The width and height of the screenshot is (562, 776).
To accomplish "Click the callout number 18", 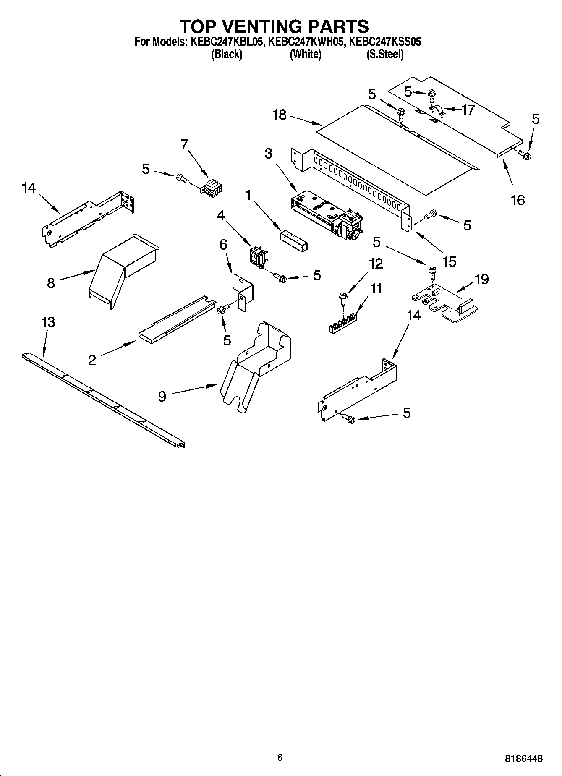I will pos(280,115).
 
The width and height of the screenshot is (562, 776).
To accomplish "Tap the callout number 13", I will pos(48,322).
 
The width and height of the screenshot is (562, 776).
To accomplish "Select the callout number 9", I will pos(162,396).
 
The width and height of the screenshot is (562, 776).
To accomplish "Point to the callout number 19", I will pos(482,279).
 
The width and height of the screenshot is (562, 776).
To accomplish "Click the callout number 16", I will pos(518,200).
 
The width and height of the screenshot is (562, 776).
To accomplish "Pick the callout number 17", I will pos(468,110).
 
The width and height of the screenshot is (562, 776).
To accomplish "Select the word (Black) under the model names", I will pos(227,55).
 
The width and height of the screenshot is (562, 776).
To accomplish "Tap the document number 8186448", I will pos(523,758).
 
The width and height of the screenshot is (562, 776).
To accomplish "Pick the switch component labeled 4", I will pos(257,257).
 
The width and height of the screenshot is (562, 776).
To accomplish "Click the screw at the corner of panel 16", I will pos(525,155).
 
